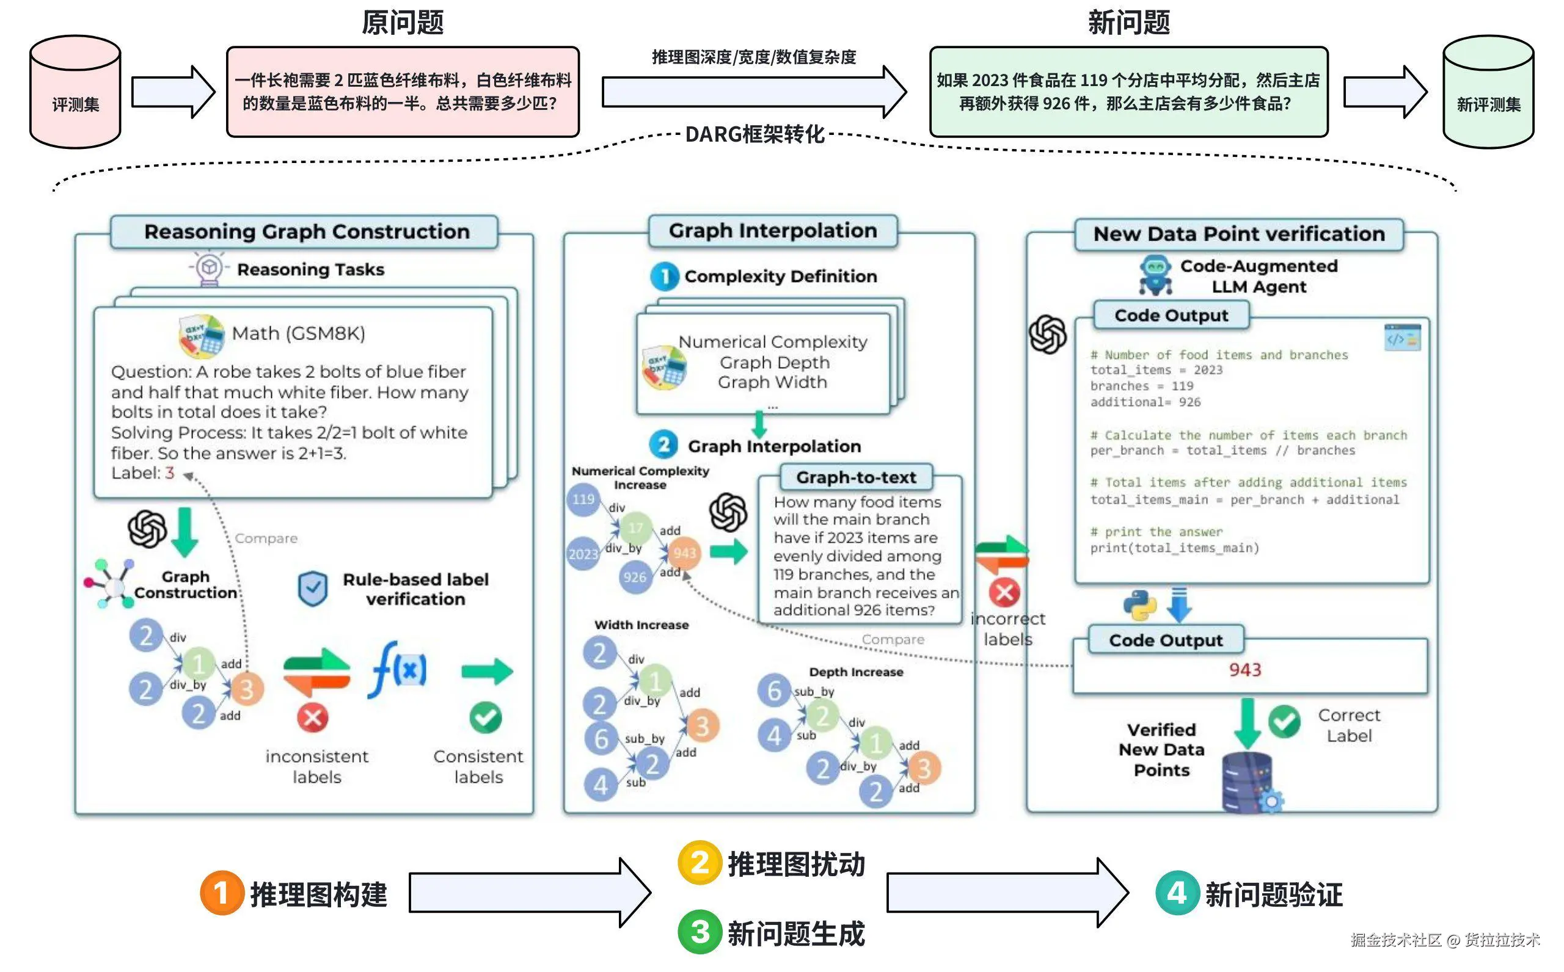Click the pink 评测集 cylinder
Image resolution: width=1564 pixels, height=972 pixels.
[75, 92]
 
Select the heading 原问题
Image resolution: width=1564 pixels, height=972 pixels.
[403, 23]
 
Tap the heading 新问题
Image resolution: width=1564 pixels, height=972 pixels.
[1128, 23]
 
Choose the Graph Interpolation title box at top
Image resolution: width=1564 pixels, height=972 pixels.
[772, 231]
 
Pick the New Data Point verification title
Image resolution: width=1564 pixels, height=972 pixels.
[1238, 234]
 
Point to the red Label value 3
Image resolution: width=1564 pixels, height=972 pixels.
[170, 473]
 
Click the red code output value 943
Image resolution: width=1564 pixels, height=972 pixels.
[1245, 670]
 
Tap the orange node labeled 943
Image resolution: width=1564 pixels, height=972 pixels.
[684, 553]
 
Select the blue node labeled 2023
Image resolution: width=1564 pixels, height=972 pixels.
[583, 554]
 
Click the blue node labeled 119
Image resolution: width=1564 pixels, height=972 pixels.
[583, 499]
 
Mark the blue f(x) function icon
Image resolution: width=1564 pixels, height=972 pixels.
[398, 670]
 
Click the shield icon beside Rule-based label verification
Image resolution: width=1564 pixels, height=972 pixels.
[313, 588]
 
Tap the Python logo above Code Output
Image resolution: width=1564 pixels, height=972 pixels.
[1139, 605]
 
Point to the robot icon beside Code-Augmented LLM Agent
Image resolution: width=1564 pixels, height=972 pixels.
[1155, 275]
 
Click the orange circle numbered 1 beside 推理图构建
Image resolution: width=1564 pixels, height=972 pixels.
[221, 893]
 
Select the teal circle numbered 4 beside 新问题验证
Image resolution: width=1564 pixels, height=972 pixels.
[1177, 893]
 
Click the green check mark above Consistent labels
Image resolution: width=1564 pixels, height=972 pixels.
[486, 717]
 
